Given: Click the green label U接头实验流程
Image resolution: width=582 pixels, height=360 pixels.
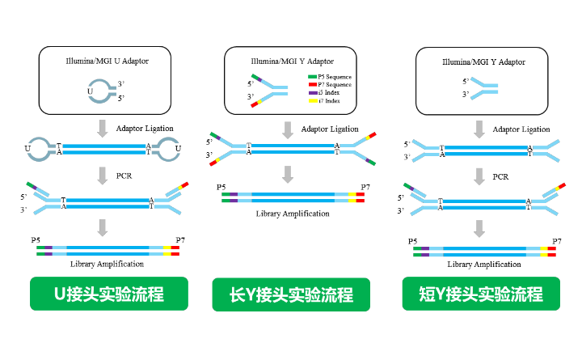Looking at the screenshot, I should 109,294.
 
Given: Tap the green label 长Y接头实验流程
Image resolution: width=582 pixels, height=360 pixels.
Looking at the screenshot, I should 291,294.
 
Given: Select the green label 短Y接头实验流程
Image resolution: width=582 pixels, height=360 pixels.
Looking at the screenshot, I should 481,294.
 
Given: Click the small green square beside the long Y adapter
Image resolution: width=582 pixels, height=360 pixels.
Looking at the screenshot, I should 313,77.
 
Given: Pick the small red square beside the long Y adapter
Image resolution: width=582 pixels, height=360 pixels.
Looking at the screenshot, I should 313,85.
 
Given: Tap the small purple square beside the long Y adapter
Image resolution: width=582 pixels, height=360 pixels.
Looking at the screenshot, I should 313,93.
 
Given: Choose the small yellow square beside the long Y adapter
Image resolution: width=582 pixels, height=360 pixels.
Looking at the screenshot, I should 313,101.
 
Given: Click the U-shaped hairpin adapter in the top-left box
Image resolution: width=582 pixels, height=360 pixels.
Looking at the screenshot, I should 100,91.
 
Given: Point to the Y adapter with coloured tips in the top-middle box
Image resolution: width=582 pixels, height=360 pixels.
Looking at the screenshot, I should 269,90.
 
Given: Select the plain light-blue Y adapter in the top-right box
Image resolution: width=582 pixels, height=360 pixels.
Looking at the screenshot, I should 483,88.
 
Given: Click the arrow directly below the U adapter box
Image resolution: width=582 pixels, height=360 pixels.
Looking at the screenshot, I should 103,129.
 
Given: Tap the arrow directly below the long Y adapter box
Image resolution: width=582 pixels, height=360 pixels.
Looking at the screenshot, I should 288,129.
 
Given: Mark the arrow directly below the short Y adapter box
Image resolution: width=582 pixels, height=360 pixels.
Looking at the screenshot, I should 479,129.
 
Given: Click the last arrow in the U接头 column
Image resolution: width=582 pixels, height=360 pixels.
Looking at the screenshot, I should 103,227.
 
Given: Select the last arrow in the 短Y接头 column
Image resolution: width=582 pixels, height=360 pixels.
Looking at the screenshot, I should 479,228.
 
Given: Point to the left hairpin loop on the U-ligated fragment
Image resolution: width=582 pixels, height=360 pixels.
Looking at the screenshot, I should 38,149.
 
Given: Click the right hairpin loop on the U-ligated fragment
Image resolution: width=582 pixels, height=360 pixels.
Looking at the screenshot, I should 168,149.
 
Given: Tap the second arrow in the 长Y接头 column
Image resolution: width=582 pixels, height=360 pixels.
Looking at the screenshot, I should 288,175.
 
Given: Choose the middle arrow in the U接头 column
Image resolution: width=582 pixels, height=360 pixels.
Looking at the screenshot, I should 103,176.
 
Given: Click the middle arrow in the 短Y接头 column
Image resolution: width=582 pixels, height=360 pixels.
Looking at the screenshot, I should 479,176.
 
